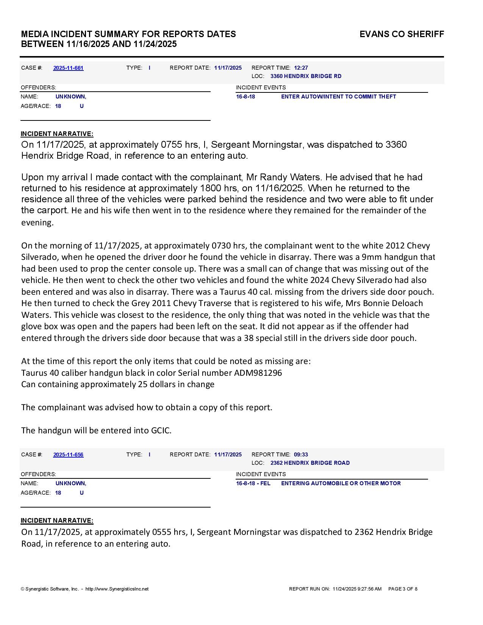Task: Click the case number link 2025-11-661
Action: click(x=68, y=68)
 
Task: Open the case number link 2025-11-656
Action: click(x=68, y=455)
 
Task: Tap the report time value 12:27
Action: click(x=301, y=68)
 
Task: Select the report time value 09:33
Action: click(x=301, y=455)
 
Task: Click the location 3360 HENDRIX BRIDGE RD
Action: click(x=306, y=77)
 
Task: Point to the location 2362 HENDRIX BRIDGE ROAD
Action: click(x=310, y=463)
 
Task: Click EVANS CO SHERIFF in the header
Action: click(x=402, y=34)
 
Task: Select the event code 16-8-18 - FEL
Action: click(x=253, y=484)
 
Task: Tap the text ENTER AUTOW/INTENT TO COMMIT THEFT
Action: click(x=338, y=97)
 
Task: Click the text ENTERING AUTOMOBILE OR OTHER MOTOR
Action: click(x=341, y=484)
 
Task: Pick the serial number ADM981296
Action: click(x=258, y=373)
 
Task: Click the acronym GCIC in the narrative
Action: click(x=161, y=431)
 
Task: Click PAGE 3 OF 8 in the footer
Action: click(x=403, y=589)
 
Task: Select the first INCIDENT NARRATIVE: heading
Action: click(x=57, y=134)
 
